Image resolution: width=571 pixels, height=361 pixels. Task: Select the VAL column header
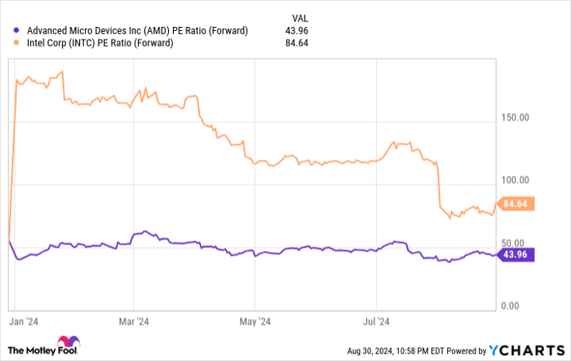300,17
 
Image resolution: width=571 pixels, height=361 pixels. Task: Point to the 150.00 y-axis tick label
515,117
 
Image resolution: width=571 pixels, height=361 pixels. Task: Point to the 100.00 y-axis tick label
515,180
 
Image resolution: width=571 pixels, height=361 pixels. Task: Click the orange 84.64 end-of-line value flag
516,205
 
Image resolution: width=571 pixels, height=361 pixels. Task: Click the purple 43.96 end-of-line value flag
516,256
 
